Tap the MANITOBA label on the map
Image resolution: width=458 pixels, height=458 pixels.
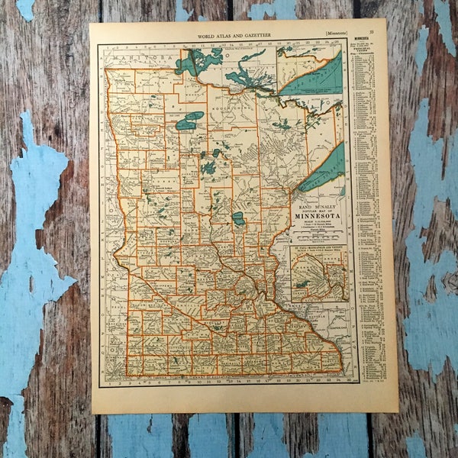click(137, 56)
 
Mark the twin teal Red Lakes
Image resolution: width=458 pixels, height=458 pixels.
click(189, 121)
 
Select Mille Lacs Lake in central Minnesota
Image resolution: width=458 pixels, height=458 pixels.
click(239, 218)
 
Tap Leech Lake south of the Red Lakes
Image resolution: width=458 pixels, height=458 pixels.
click(208, 166)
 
